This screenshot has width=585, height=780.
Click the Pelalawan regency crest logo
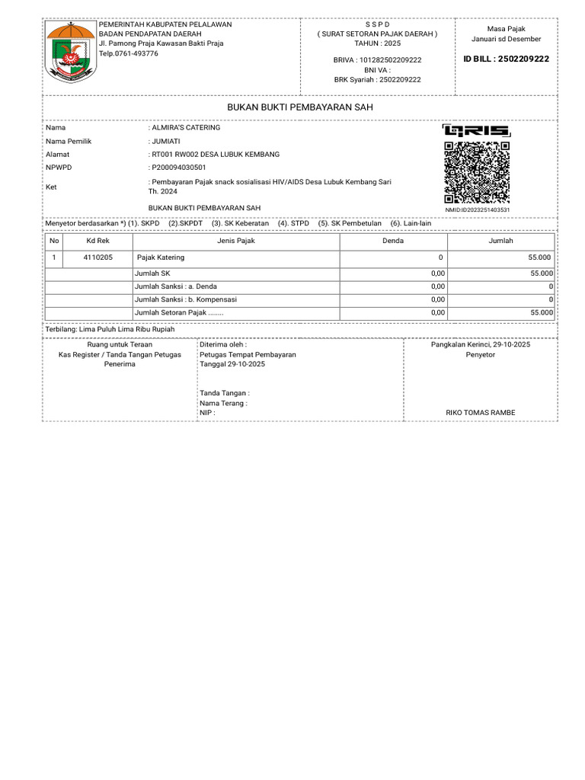71,51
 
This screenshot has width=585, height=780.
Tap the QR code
477,173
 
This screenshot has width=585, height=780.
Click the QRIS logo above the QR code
477,131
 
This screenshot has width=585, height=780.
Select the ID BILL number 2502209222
507,59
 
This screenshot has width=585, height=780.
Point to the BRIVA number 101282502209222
378,59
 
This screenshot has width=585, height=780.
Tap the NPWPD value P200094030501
178,168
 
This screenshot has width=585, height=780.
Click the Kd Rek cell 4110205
97,257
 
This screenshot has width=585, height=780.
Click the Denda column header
392,241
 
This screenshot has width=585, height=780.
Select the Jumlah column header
500,241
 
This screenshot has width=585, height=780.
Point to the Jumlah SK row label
152,273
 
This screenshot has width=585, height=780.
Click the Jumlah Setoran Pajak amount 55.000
542,312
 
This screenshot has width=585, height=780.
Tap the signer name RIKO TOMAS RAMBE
480,413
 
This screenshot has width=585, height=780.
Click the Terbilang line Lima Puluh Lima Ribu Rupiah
111,329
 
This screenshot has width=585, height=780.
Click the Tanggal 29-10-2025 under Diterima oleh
232,365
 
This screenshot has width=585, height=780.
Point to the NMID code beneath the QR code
477,209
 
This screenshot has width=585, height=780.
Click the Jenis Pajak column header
236,241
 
